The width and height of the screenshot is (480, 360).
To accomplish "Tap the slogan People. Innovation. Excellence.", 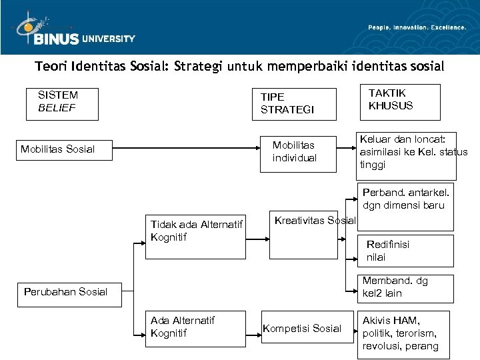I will [x=417, y=27].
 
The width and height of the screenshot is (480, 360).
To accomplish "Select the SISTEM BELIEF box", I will [x=62, y=104].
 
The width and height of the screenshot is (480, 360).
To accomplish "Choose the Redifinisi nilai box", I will [x=406, y=250].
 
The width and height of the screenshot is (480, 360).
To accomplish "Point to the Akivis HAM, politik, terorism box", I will [x=403, y=333].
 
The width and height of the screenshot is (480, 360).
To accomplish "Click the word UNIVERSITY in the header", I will [x=108, y=39].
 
